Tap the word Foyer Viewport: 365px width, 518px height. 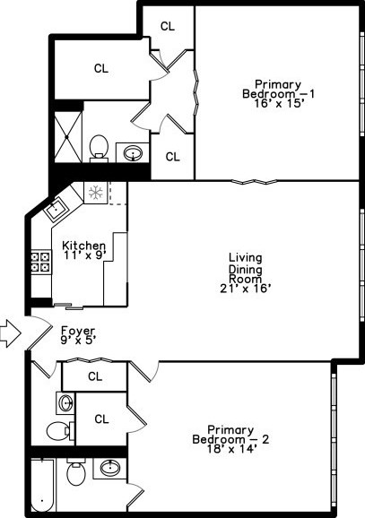click(76, 330)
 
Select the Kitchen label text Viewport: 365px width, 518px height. click(83, 246)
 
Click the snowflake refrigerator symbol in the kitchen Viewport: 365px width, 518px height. click(95, 192)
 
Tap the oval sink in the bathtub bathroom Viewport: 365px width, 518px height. click(109, 469)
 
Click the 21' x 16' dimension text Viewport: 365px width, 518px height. click(245, 289)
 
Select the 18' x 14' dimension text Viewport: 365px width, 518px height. click(230, 449)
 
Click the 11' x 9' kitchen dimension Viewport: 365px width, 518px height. click(84, 255)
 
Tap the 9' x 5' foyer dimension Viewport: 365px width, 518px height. click(78, 340)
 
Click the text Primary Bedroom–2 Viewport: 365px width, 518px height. click(230, 435)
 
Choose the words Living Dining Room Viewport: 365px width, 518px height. click(245, 268)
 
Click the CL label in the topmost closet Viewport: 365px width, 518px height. click(167, 26)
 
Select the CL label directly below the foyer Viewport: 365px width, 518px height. click(94, 376)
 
